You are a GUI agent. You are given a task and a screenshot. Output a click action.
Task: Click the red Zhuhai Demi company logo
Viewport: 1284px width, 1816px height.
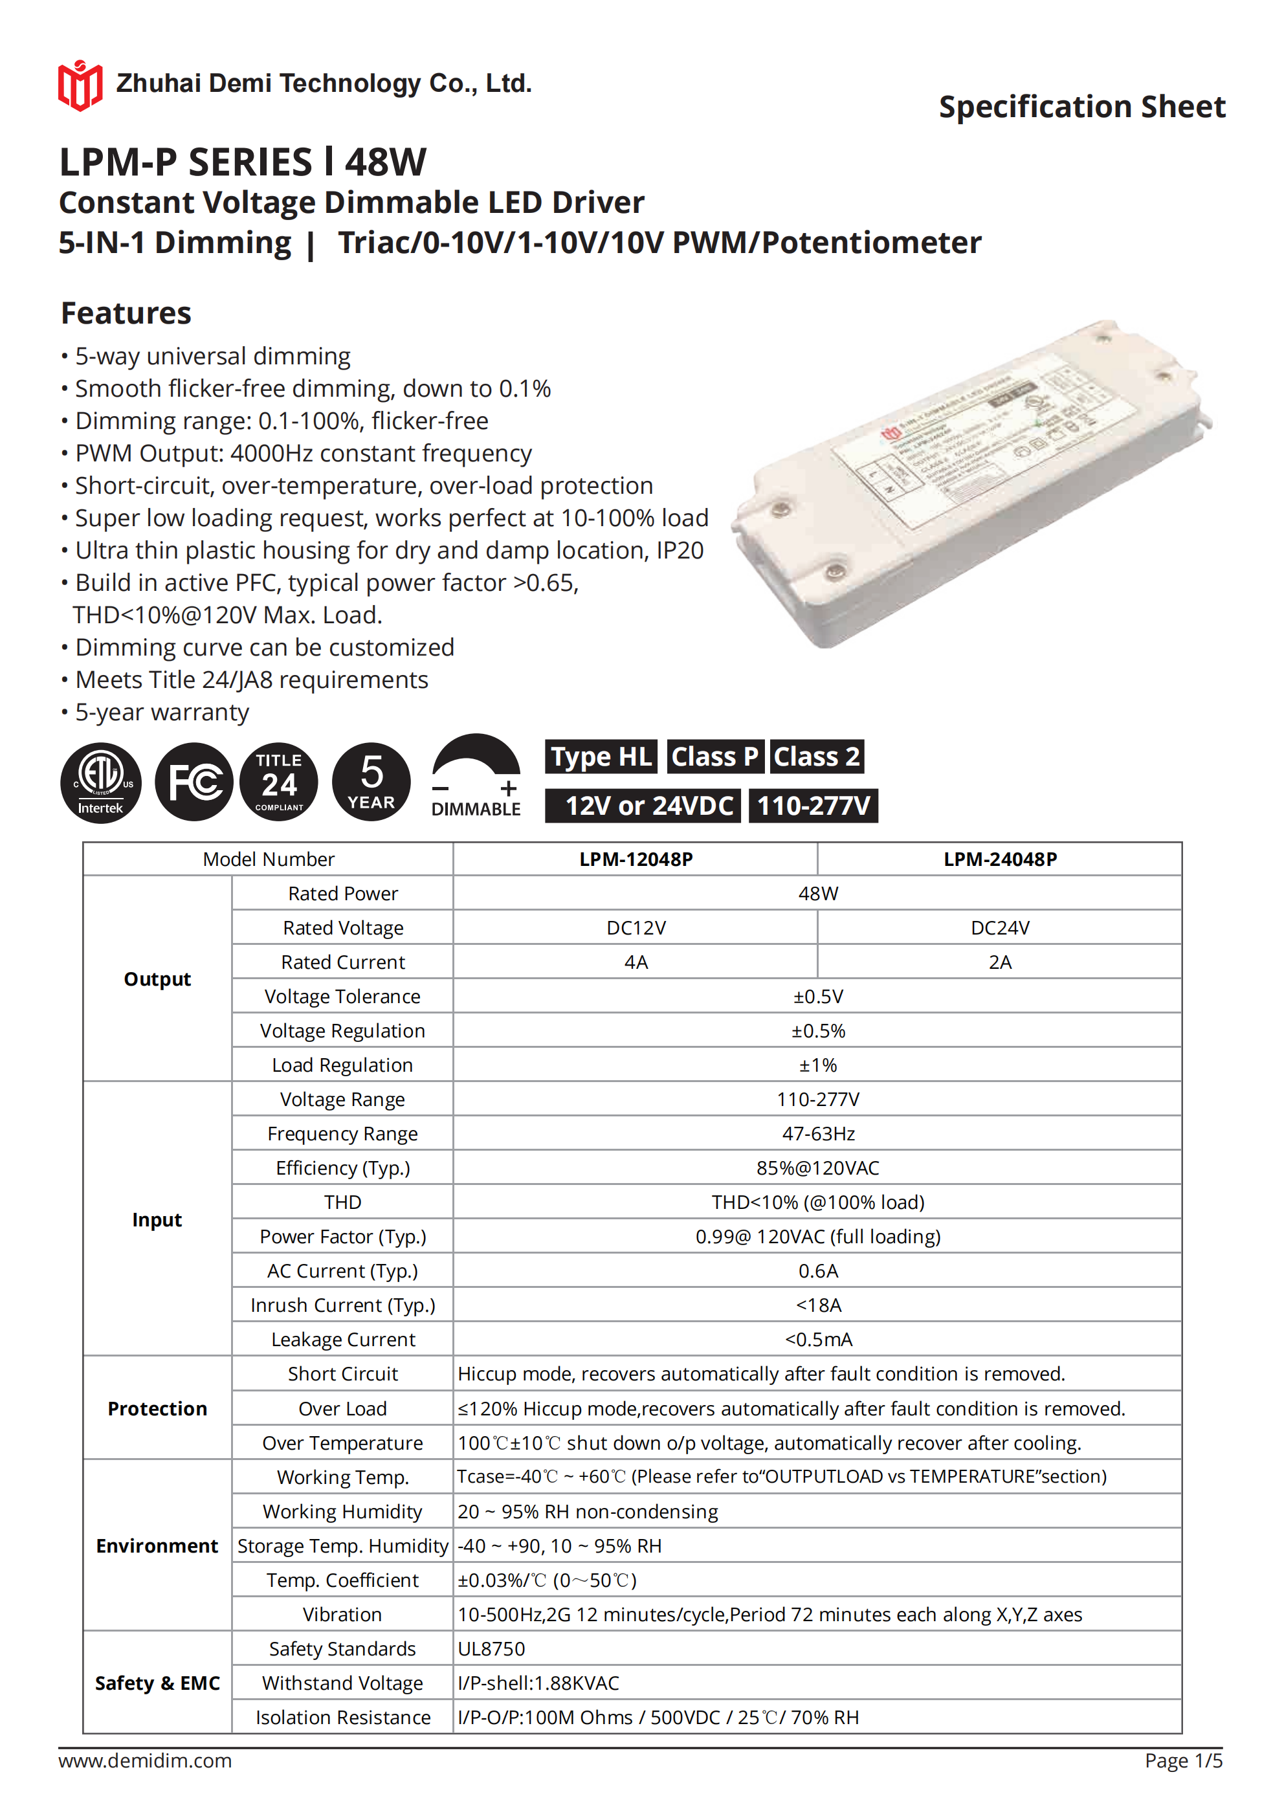pyautogui.click(x=80, y=85)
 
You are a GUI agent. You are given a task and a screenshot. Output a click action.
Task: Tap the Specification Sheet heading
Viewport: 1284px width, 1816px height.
pyautogui.click(x=1081, y=107)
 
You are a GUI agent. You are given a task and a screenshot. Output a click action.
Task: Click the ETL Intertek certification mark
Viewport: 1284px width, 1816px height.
pyautogui.click(x=101, y=782)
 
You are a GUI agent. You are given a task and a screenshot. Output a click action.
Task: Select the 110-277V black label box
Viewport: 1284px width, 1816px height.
pyautogui.click(x=814, y=806)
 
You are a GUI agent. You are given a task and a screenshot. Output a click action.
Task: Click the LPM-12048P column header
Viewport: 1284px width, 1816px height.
pyautogui.click(x=636, y=859)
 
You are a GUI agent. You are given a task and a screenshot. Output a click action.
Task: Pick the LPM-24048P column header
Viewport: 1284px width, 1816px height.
pyautogui.click(x=999, y=859)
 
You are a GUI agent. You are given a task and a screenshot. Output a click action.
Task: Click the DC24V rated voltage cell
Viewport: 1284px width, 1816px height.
pyautogui.click(x=999, y=928)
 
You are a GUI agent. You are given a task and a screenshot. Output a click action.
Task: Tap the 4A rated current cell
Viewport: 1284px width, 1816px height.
pyautogui.click(x=636, y=962)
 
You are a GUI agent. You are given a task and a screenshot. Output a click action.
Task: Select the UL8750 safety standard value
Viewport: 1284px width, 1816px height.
pyautogui.click(x=491, y=1648)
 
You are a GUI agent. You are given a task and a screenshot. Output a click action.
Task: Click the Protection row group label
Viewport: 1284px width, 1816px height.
pyautogui.click(x=157, y=1409)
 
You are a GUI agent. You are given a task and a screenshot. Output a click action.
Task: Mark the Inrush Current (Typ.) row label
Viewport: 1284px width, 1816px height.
pyautogui.click(x=342, y=1305)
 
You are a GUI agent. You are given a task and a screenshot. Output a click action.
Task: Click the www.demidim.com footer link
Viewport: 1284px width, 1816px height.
pyautogui.click(x=145, y=1760)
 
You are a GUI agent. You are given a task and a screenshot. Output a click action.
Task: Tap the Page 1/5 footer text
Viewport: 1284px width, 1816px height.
pyautogui.click(x=1183, y=1760)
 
